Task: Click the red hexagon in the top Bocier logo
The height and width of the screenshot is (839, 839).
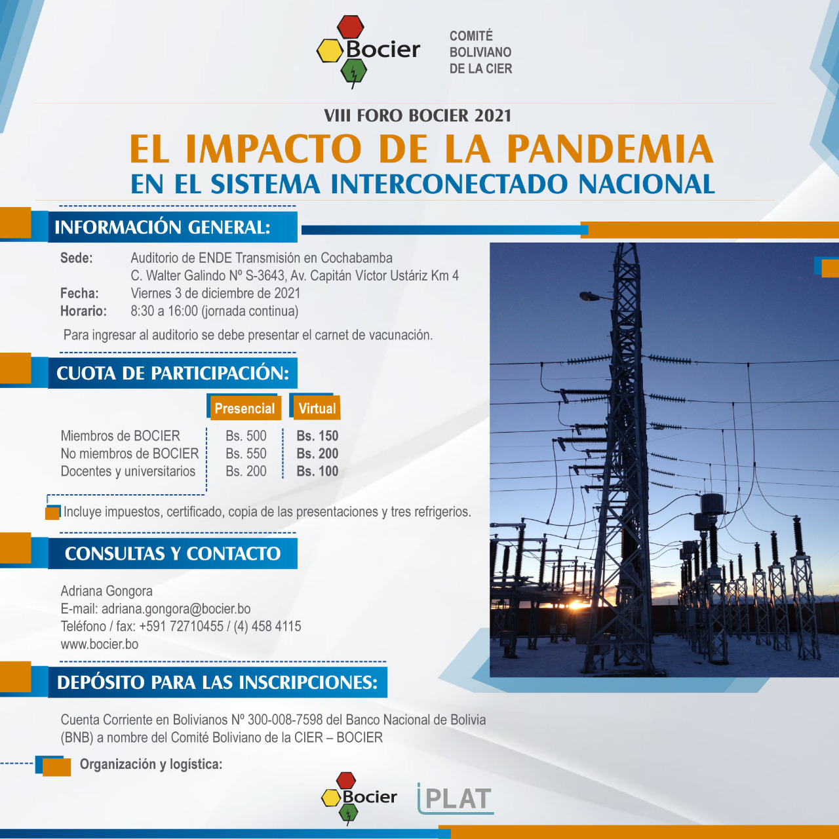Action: (351, 27)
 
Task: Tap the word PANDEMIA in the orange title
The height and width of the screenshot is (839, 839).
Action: (610, 149)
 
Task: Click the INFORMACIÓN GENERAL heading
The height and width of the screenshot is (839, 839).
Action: (163, 227)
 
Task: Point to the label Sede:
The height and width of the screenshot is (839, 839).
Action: (76, 258)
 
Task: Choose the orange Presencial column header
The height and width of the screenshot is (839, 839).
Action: (244, 408)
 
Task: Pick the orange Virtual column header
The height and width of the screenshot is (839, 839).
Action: (317, 408)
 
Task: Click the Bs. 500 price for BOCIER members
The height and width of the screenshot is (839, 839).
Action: (246, 436)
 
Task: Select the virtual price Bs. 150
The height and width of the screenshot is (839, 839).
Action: (317, 436)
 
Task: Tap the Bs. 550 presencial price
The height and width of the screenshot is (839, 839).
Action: (246, 453)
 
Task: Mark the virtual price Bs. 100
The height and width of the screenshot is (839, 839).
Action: (317, 471)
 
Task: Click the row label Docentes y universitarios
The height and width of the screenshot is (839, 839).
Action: (128, 471)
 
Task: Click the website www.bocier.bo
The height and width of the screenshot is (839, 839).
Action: (99, 644)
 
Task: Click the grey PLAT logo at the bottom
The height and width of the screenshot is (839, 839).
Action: (456, 798)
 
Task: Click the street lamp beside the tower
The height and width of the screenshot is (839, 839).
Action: (591, 296)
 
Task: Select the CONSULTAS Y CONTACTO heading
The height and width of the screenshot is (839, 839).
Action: (172, 553)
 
